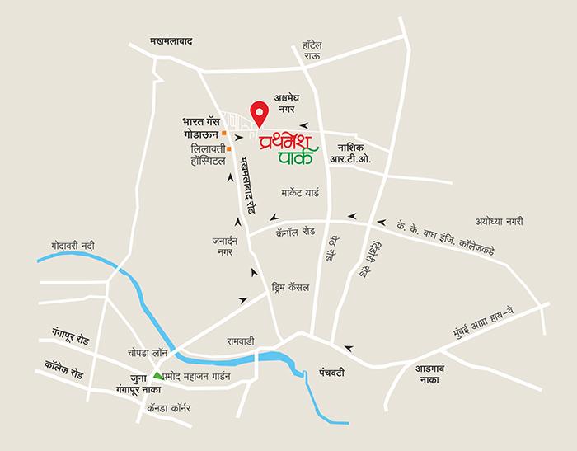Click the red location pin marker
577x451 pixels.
tap(260, 112)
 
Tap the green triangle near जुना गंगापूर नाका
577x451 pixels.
tap(158, 376)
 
